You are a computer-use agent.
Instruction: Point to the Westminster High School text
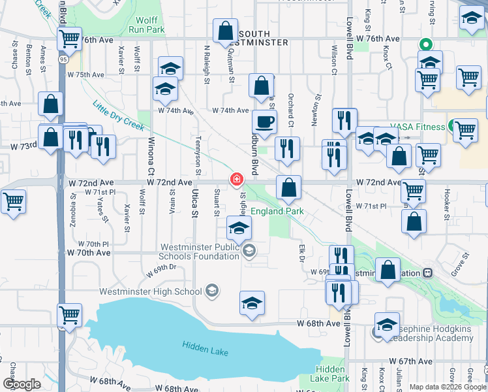[150, 291]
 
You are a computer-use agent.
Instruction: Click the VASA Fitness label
[418, 127]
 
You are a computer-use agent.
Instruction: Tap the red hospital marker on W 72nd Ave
[235, 179]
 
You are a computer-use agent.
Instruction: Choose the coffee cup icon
[265, 122]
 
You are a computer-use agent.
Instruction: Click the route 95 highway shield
[62, 59]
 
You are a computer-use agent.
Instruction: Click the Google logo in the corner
[22, 384]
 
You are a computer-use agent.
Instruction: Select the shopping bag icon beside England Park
[288, 188]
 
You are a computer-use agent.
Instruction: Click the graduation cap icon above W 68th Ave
[252, 303]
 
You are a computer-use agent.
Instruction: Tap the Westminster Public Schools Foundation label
[200, 252]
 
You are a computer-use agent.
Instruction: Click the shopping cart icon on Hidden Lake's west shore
[69, 315]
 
